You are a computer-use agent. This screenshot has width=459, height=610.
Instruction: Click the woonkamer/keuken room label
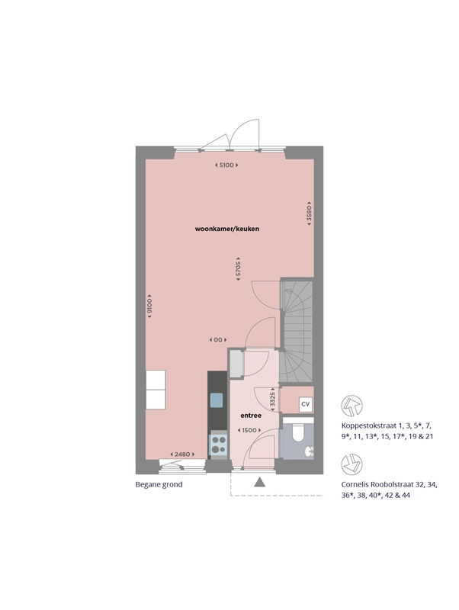tap(226, 229)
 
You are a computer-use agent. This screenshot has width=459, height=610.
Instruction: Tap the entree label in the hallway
tap(251, 416)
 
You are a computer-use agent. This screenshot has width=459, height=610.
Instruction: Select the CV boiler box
tap(305, 404)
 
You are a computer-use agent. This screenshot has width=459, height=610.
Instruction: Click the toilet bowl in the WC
tap(298, 433)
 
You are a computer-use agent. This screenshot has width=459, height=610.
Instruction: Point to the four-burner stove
tap(218, 445)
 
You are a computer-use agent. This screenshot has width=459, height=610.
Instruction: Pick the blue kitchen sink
tap(217, 400)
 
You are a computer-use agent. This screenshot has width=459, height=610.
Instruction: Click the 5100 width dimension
tap(226, 165)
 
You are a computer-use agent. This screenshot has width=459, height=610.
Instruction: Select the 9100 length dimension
tap(149, 307)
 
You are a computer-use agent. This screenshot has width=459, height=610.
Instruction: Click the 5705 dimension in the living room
tap(238, 268)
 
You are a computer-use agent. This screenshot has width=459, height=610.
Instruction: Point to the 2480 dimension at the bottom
tap(182, 454)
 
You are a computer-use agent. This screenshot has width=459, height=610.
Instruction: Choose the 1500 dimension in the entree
tap(249, 430)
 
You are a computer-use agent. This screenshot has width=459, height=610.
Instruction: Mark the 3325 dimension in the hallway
tap(273, 400)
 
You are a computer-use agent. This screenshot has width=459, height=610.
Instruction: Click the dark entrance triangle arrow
tap(259, 483)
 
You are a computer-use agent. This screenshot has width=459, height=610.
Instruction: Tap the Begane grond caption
tap(159, 484)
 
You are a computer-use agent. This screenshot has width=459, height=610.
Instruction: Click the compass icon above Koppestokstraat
tap(351, 406)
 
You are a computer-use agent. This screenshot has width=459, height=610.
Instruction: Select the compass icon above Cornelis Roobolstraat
tap(351, 464)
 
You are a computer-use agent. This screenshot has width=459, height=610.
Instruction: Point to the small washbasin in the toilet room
tap(310, 451)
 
